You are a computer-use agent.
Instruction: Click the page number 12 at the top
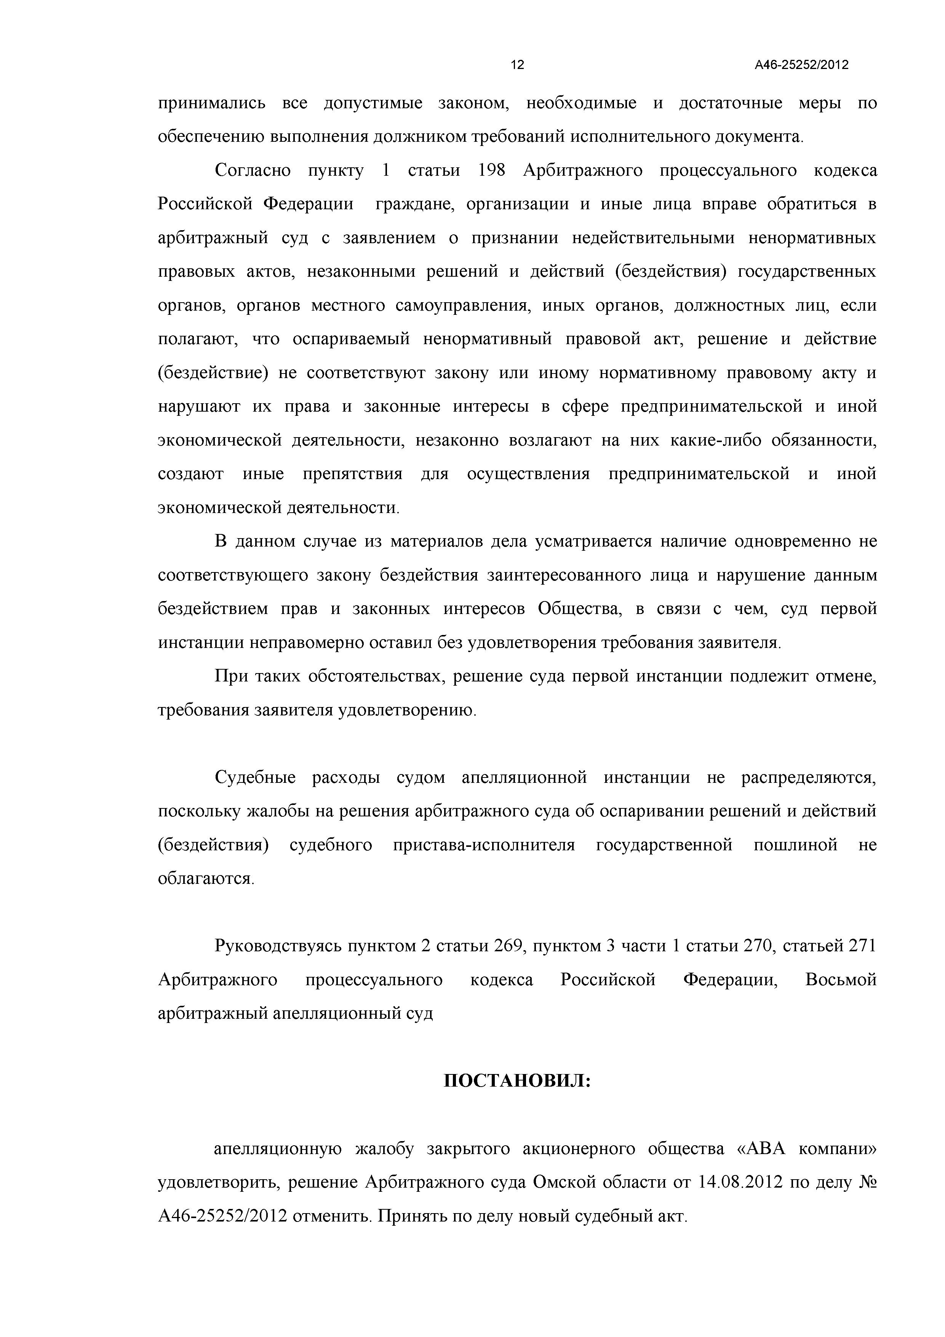click(517, 65)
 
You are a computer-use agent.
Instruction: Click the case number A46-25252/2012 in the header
click(801, 65)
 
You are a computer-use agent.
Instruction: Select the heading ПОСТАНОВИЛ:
click(517, 1081)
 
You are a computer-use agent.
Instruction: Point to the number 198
click(491, 171)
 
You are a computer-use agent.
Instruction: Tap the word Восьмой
click(840, 980)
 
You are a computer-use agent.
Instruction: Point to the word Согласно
click(253, 171)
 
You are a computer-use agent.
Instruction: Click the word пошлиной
click(795, 845)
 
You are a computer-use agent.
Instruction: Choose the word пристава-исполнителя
click(484, 845)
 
